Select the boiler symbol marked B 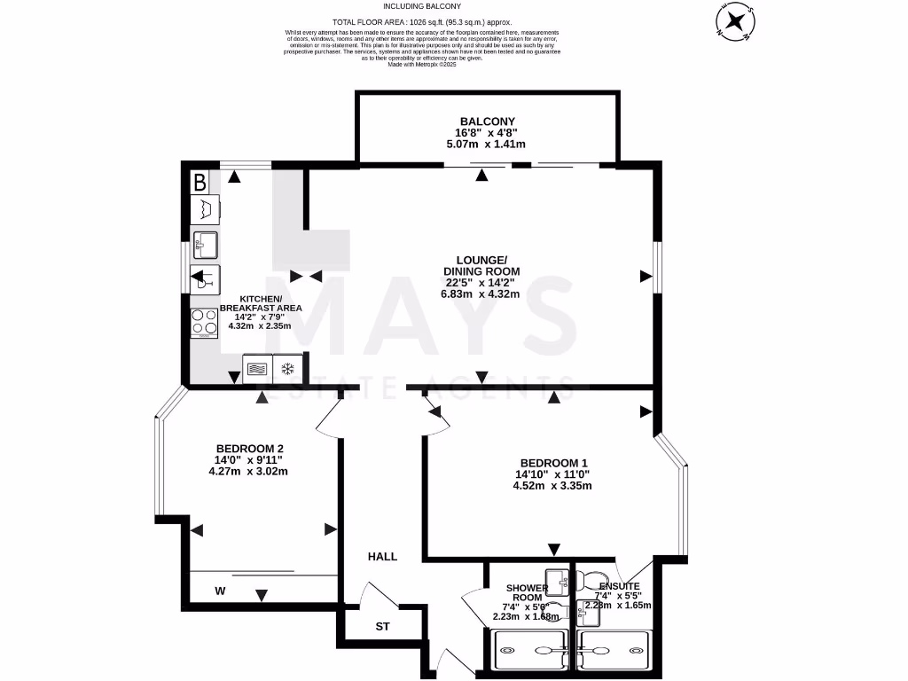click(x=200, y=184)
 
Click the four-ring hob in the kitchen click(x=204, y=323)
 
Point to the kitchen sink click(x=205, y=242)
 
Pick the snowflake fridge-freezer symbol click(x=287, y=368)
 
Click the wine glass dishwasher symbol click(x=205, y=278)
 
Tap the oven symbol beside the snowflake click(x=257, y=368)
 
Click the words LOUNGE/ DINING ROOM click(x=482, y=265)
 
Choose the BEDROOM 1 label click(x=554, y=463)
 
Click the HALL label click(x=383, y=557)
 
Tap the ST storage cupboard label click(x=383, y=627)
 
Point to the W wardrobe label click(x=220, y=591)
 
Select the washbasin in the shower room click(x=558, y=581)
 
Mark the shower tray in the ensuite click(x=615, y=650)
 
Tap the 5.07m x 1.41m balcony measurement click(x=487, y=145)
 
